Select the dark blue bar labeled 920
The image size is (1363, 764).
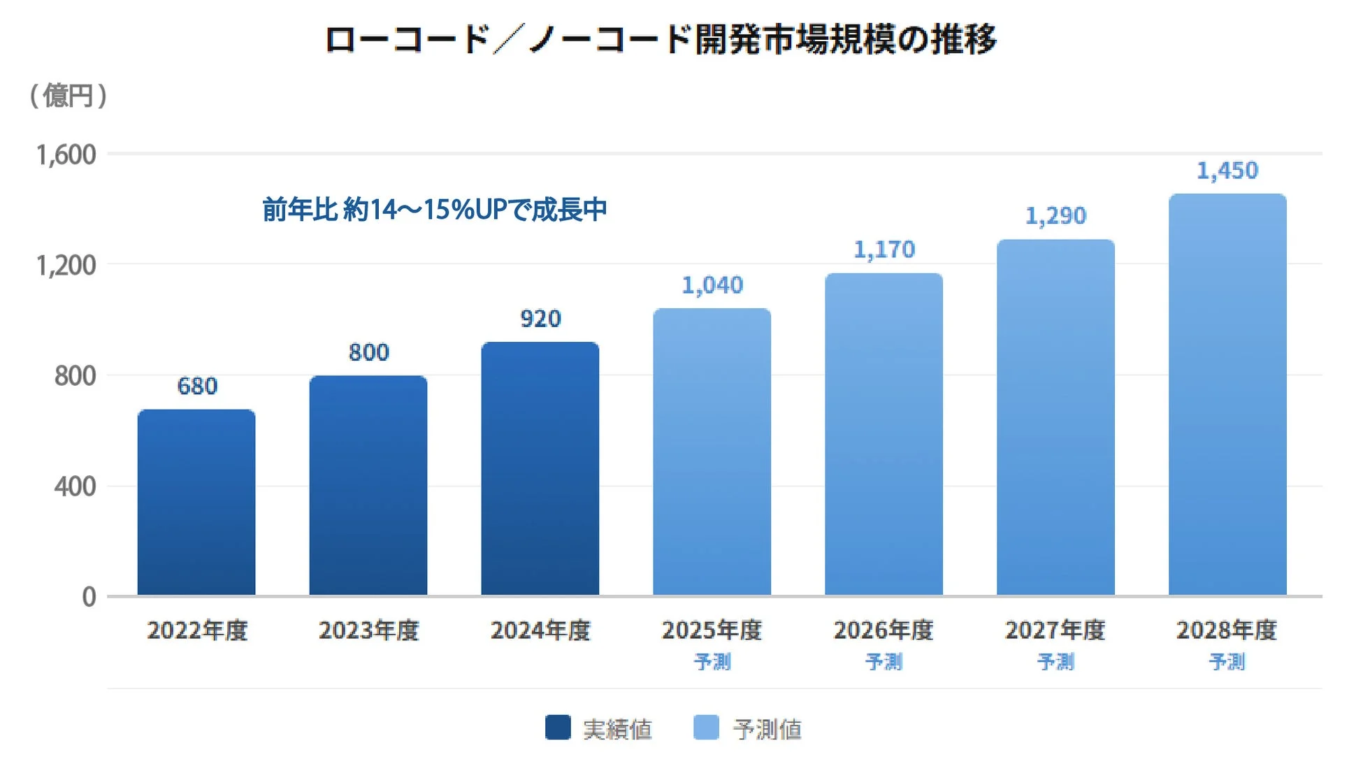point(540,468)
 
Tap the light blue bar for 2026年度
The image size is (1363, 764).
point(884,434)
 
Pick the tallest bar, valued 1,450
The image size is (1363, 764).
point(1227,394)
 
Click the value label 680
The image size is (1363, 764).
point(197,386)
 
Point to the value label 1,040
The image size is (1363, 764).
point(712,285)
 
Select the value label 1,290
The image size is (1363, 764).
point(1055,216)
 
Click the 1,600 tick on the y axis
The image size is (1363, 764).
point(66,154)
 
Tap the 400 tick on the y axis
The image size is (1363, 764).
point(75,486)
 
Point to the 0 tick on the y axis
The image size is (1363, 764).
point(89,597)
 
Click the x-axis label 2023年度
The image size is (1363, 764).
point(368,630)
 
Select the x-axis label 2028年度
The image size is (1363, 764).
point(1227,630)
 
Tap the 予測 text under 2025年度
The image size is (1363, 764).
point(712,661)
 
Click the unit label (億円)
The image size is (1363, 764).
point(68,96)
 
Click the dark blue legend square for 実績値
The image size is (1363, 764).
point(558,727)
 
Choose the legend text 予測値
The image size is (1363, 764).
point(767,729)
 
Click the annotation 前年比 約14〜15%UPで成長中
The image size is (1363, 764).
point(434,209)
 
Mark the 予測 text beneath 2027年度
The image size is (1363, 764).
point(1055,661)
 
